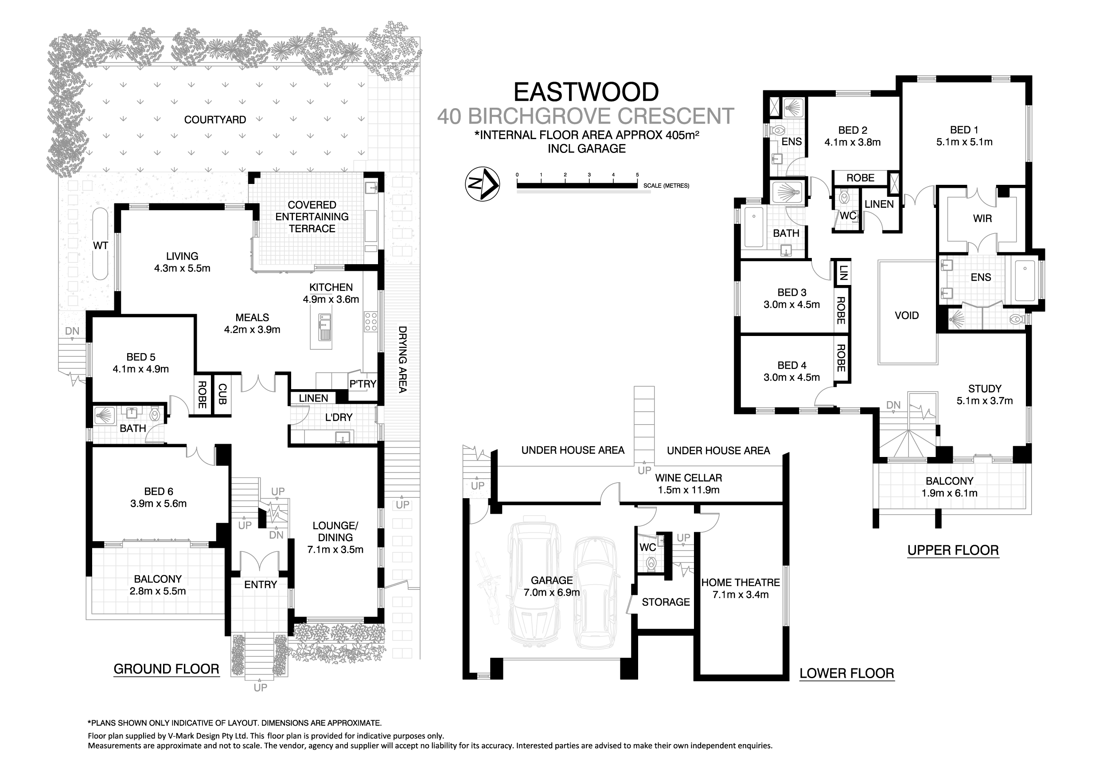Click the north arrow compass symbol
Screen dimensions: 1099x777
pos(483,184)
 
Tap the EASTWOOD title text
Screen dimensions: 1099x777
pos(586,92)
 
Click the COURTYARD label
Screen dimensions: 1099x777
pos(215,120)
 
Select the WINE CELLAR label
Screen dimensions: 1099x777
pos(688,478)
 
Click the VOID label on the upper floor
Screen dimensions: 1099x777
pos(907,316)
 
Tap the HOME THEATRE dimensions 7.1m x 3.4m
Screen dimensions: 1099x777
pos(740,594)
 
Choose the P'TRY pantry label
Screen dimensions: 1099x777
pos(363,384)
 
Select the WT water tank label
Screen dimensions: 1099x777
pos(101,246)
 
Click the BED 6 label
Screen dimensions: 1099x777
pos(159,492)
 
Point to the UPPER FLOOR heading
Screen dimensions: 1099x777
pos(953,551)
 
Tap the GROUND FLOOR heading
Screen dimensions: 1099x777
pos(166,669)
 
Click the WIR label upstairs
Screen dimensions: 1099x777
pos(982,219)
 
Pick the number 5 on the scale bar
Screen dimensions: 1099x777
pos(637,175)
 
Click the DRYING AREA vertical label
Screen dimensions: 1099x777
pos(402,359)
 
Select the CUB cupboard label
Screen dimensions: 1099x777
pos(222,394)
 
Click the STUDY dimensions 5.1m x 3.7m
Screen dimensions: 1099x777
pos(985,401)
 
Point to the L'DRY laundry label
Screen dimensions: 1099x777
pos(339,418)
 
